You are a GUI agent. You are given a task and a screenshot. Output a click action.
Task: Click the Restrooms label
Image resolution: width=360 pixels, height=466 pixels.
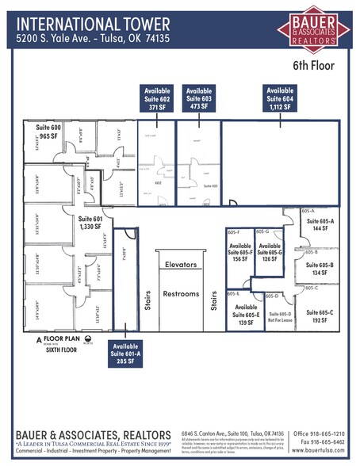click(181, 294)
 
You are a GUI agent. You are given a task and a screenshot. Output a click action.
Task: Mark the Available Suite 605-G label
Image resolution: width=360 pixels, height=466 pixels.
click(271, 250)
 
